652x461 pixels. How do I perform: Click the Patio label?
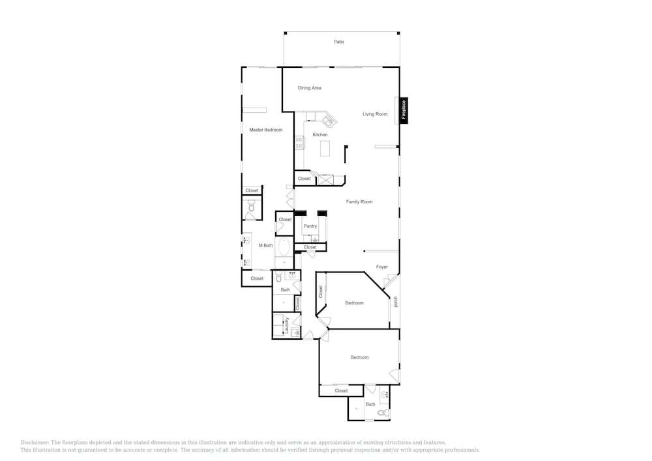pyautogui.click(x=339, y=42)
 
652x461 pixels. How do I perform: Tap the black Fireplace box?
pyautogui.click(x=404, y=110)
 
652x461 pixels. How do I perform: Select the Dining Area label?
pyautogui.click(x=309, y=88)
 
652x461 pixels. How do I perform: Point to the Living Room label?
pyautogui.click(x=375, y=114)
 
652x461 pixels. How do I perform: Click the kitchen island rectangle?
pyautogui.click(x=325, y=149)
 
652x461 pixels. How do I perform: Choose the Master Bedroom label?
pyautogui.click(x=266, y=130)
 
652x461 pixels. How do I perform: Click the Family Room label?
pyautogui.click(x=359, y=201)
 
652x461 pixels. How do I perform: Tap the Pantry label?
pyautogui.click(x=310, y=226)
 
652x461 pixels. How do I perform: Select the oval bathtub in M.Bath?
pyautogui.click(x=284, y=247)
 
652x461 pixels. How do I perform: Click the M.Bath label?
pyautogui.click(x=266, y=246)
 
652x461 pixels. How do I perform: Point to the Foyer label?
pyautogui.click(x=381, y=267)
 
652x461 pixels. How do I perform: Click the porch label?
pyautogui.click(x=396, y=301)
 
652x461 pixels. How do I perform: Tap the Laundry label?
pyautogui.click(x=286, y=325)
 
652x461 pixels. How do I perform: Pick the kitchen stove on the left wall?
pyautogui.click(x=299, y=143)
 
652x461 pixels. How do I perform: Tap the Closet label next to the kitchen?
pyautogui.click(x=304, y=179)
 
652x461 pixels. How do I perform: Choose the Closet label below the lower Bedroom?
pyautogui.click(x=341, y=391)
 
